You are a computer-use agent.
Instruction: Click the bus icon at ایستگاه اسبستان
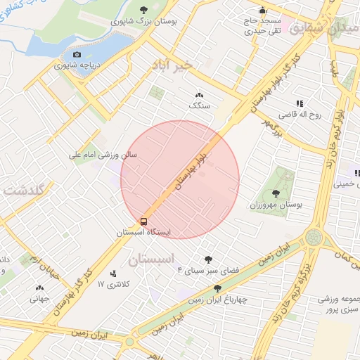coord(143,221)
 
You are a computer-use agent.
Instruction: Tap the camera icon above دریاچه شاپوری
coord(77,54)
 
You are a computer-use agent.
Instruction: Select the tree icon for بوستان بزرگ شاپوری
coord(163,10)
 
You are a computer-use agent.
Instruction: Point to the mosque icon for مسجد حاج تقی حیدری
coord(262,10)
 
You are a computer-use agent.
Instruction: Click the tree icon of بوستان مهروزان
coord(276,193)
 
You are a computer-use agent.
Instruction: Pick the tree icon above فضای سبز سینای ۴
coord(207,259)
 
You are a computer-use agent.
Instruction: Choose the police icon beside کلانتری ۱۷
coord(113,274)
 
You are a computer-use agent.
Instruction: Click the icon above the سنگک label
coord(198,94)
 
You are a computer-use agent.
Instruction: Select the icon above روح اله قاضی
coord(300,103)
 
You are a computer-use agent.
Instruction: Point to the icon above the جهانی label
coord(39,287)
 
